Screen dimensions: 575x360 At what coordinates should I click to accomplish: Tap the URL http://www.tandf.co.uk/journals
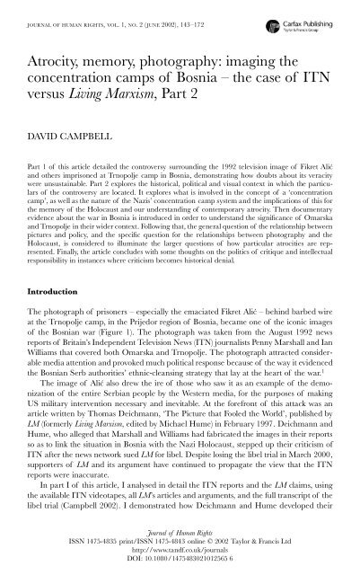pyautogui.click(x=180, y=549)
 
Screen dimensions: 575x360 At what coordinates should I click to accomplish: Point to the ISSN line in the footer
pyautogui.click(x=180, y=540)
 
